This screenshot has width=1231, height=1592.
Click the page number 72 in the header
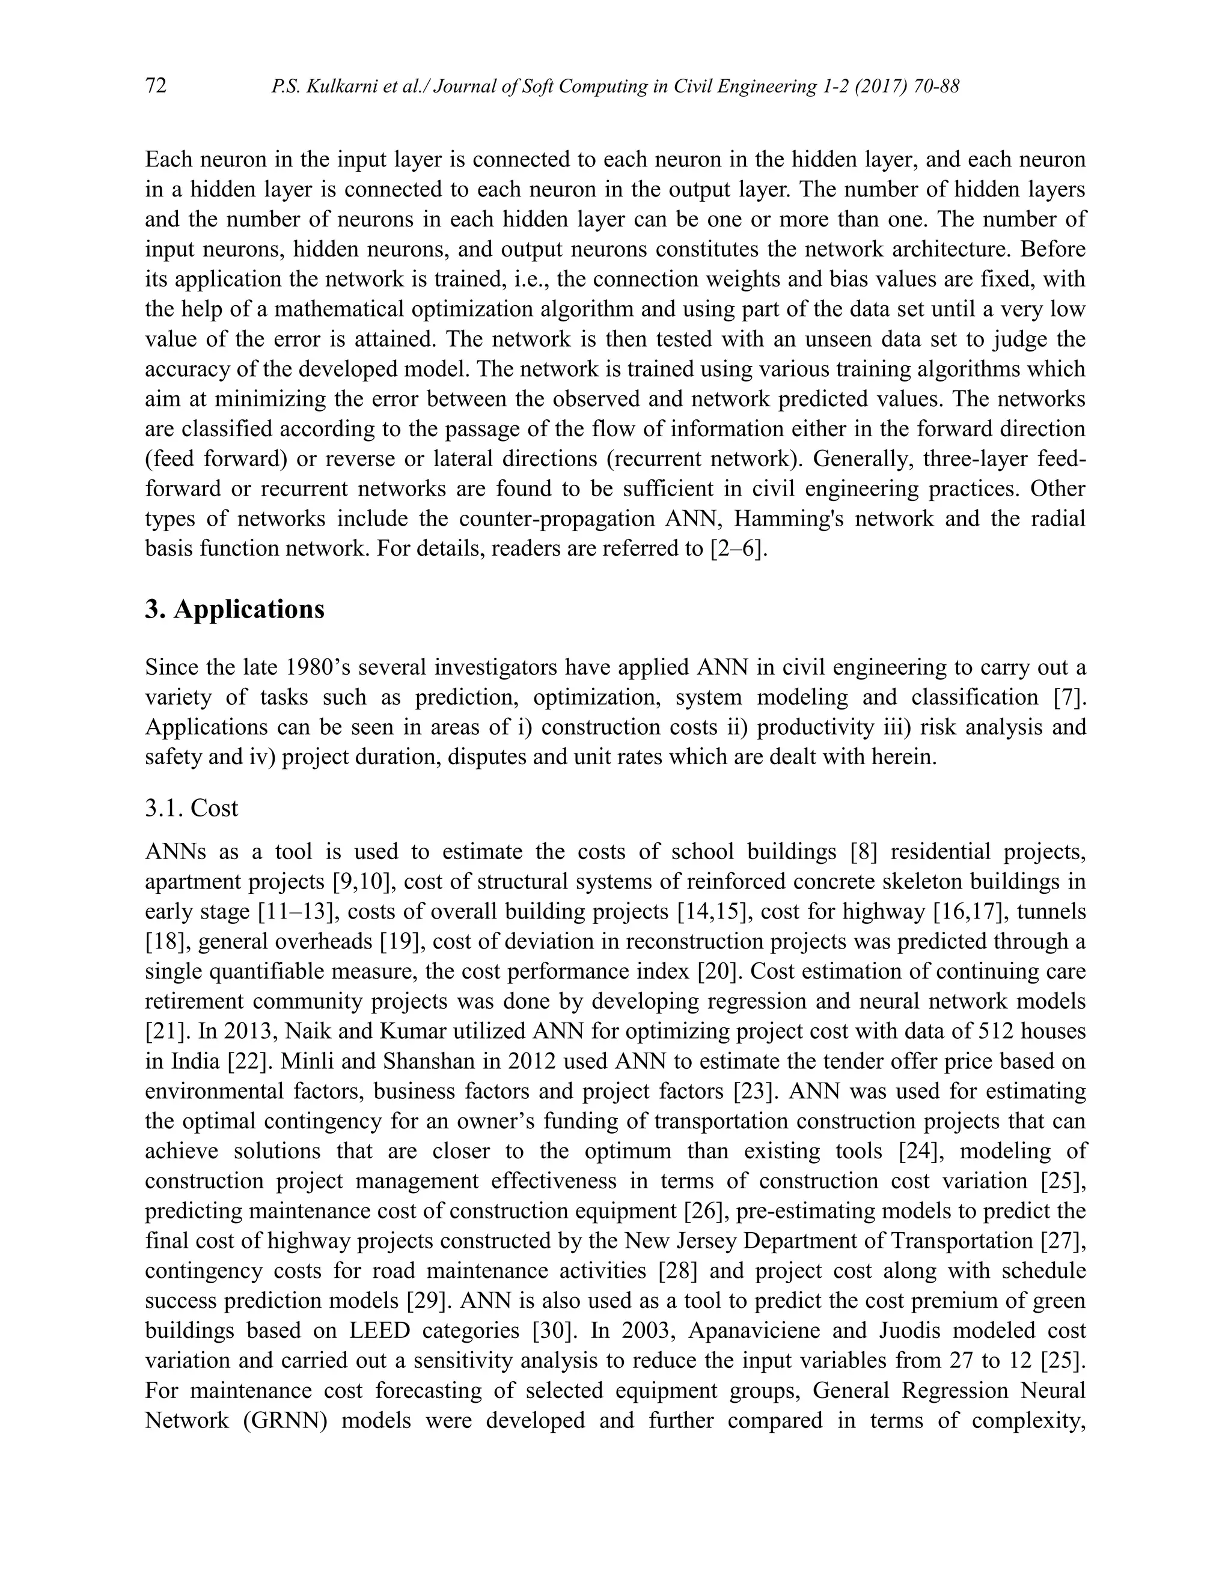pyautogui.click(x=156, y=86)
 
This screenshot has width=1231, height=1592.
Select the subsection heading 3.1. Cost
pyautogui.click(x=191, y=807)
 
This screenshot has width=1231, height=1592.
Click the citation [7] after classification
pyautogui.click(x=1069, y=697)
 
